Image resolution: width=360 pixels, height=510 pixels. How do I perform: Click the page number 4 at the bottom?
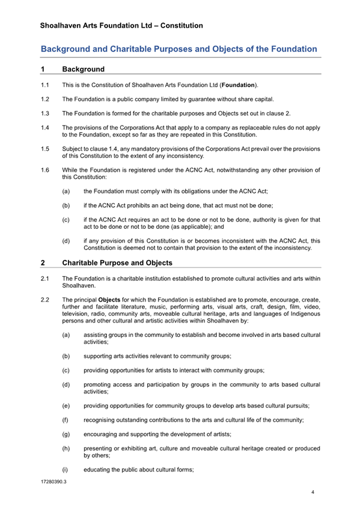pos(313,493)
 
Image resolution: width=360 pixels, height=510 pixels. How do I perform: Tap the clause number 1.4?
pos(44,127)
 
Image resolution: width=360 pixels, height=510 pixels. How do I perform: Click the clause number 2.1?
pos(44,278)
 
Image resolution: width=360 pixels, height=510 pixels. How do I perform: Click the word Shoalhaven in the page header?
pos(64,26)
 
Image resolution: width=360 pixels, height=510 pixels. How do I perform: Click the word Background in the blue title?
pos(69,49)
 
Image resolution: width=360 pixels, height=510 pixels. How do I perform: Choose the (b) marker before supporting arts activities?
pos(65,356)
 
